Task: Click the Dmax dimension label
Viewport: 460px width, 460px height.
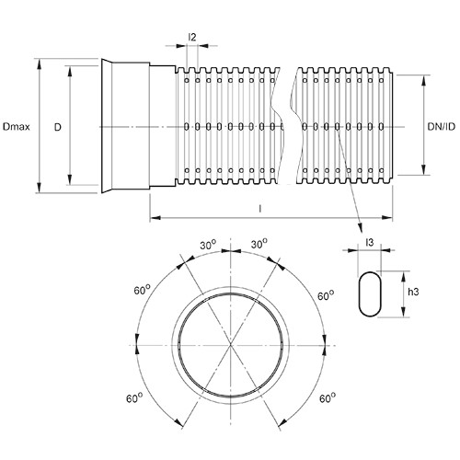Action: tap(16, 127)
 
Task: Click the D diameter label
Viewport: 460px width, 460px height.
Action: tap(58, 127)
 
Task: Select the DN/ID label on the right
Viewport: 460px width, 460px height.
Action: tap(442, 126)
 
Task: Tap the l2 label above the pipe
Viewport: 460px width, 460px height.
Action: tap(192, 38)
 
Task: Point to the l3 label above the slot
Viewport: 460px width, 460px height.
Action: tap(370, 242)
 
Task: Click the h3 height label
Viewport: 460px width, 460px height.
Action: tap(413, 292)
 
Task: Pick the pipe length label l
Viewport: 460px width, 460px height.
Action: tap(260, 209)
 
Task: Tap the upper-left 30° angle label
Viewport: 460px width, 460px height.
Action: tap(208, 245)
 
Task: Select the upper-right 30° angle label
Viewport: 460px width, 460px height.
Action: tap(259, 244)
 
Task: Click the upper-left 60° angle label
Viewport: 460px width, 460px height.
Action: tap(142, 290)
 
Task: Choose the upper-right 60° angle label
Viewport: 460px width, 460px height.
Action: tap(326, 295)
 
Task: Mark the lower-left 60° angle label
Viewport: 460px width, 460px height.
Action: tap(134, 398)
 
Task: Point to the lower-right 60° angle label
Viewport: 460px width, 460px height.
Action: tap(328, 398)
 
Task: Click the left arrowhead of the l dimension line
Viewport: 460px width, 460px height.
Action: tap(155, 218)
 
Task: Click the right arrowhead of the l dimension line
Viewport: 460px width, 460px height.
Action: tap(387, 218)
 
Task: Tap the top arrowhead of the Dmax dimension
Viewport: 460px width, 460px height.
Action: tap(39, 64)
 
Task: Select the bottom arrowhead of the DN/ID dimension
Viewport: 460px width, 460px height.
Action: tap(423, 169)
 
